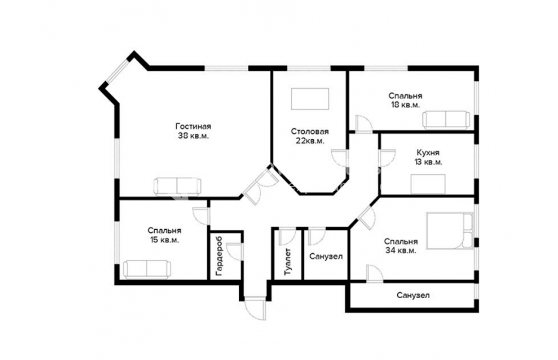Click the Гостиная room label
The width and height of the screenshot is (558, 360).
tap(193, 127)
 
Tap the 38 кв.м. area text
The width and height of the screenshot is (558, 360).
tap(193, 136)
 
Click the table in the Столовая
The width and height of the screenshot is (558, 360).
tap(310, 99)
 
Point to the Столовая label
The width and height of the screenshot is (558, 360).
tap(310, 131)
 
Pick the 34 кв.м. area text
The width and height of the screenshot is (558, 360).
tap(400, 251)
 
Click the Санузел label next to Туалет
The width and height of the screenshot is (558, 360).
tap(326, 257)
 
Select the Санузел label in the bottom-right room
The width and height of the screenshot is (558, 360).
tap(413, 296)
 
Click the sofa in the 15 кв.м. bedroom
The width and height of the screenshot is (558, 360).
tap(146, 268)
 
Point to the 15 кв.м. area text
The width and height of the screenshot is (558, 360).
tap(164, 240)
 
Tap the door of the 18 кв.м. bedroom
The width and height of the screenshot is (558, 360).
tap(364, 124)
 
